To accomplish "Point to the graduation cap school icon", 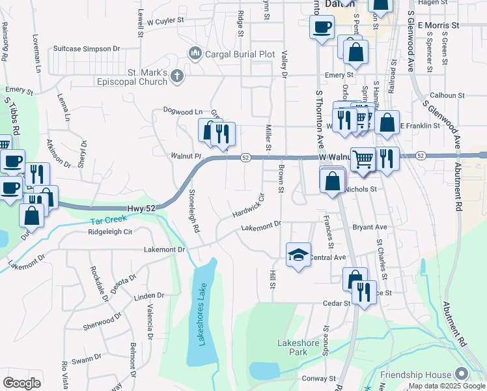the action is click(298, 254).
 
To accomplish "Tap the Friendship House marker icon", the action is click(462, 374).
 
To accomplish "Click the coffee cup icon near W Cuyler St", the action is click(322, 27).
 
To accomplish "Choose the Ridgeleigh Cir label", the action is click(110, 231).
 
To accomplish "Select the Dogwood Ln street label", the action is click(183, 111).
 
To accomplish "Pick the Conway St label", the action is click(318, 378).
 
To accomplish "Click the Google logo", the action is click(22, 383).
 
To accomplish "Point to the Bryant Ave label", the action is click(370, 227).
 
